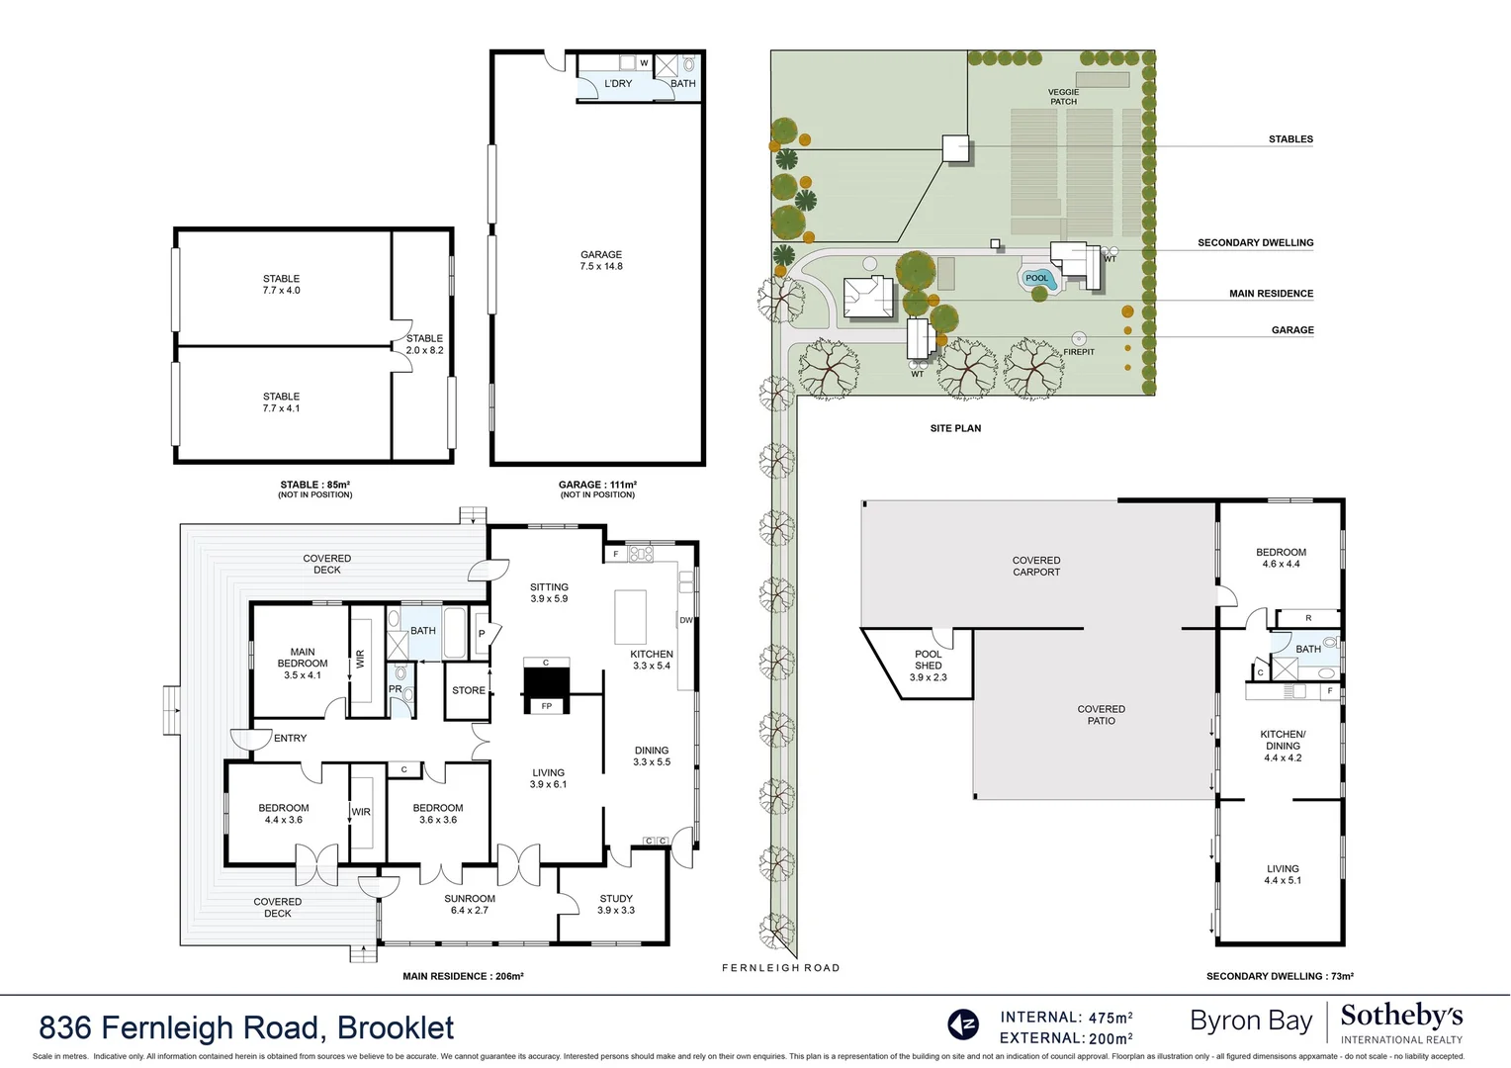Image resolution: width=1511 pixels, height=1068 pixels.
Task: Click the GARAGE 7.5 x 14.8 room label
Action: [x=601, y=260]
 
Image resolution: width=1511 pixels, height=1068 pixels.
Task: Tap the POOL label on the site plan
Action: [x=1036, y=278]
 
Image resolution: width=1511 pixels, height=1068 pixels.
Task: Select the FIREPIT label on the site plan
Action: [x=1079, y=352]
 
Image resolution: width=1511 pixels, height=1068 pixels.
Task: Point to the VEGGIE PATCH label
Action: [x=1063, y=97]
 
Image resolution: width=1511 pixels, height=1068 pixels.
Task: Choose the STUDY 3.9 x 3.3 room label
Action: [x=615, y=904]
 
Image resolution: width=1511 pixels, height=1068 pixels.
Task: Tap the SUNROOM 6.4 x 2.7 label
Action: [x=470, y=904]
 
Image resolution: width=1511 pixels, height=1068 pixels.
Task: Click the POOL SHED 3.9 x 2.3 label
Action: [x=928, y=666]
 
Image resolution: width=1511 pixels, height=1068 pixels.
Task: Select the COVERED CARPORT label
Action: [x=1035, y=566]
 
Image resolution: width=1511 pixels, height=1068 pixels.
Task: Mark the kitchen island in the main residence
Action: [x=630, y=616]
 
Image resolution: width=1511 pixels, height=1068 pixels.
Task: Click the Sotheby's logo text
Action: [x=1400, y=1016]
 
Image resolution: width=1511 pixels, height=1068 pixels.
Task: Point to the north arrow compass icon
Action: [x=962, y=1024]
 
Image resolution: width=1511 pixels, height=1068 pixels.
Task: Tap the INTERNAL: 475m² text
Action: [x=1066, y=1017]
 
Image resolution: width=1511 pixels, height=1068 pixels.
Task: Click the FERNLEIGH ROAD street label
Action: [x=780, y=968]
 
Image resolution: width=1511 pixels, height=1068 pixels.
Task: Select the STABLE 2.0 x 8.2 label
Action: [x=424, y=344]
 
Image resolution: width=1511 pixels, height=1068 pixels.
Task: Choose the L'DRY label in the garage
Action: [x=618, y=84]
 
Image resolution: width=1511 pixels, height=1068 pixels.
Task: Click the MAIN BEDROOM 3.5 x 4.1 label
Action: [x=303, y=664]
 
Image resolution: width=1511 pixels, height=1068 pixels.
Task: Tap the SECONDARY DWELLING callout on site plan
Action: [x=1255, y=242]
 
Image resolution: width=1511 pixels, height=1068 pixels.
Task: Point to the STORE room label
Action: [x=468, y=690]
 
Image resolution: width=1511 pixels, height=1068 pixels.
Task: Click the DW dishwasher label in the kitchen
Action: [x=685, y=621]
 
